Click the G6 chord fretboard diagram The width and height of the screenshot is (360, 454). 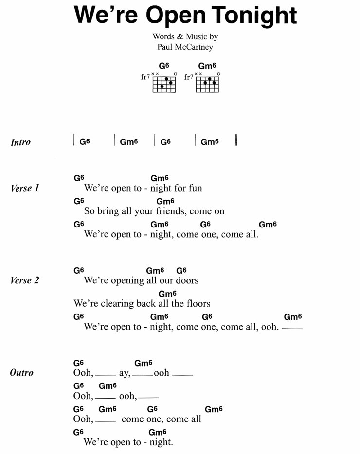164,84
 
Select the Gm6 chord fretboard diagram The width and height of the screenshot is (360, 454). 207,84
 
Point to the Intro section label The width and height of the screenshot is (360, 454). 20,142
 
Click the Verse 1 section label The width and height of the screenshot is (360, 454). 25,188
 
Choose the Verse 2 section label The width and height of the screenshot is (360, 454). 25,280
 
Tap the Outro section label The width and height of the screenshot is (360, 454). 22,373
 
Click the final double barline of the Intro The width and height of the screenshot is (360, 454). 236,140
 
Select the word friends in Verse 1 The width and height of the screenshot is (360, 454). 171,211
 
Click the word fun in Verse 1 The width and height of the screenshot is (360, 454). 195,188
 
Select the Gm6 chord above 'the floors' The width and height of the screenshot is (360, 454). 167,294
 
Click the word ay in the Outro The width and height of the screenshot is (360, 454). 125,373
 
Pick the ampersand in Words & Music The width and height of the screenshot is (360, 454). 180,36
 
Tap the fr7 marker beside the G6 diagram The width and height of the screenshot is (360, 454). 145,77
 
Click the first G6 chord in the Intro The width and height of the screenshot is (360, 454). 85,142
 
